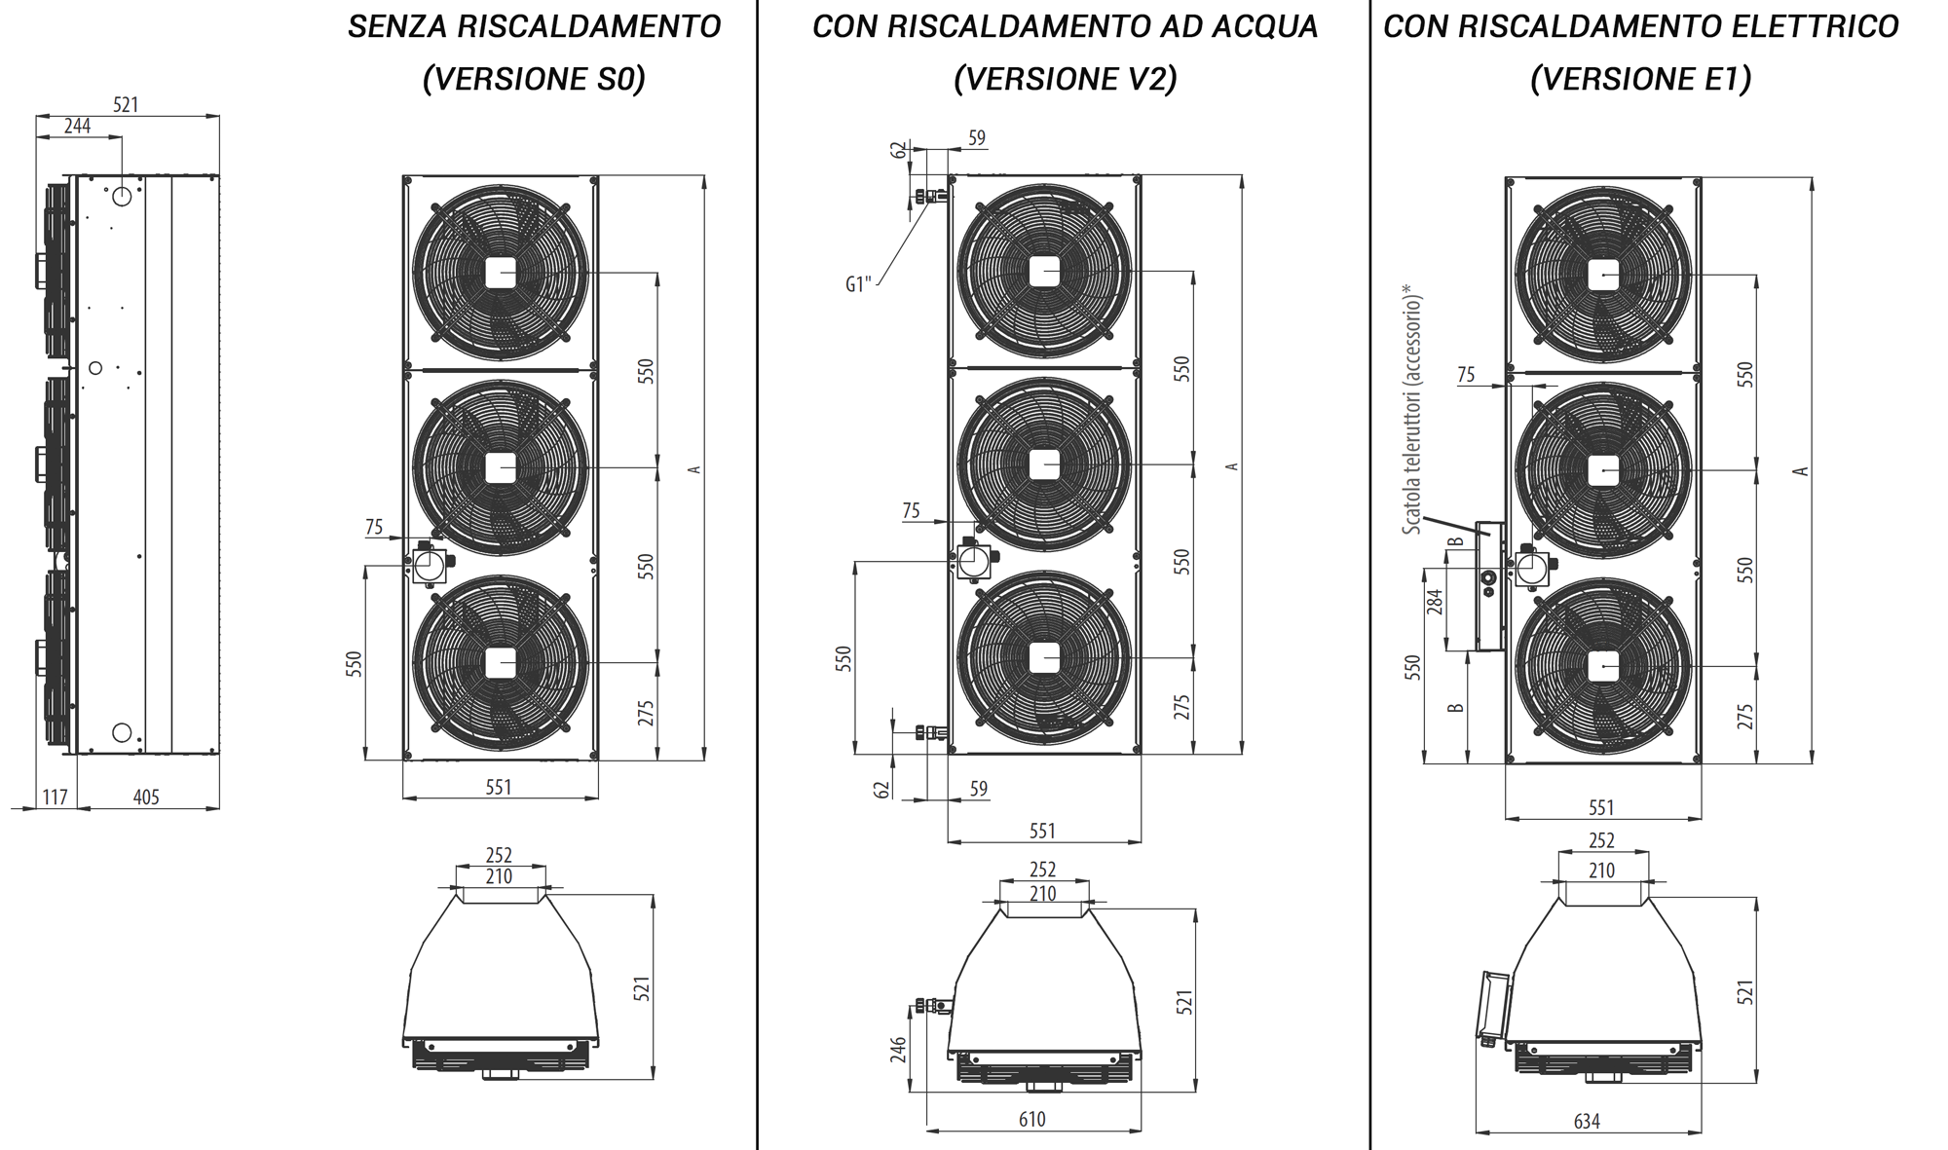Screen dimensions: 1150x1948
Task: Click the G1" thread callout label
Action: click(x=858, y=284)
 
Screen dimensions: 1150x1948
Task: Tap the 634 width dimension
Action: click(x=1587, y=1121)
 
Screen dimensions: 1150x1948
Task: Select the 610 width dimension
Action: click(x=1031, y=1119)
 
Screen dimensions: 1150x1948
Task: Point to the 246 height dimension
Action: click(x=898, y=1049)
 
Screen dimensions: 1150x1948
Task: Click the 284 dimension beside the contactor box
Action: click(x=1435, y=602)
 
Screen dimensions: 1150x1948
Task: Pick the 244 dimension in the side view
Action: click(x=77, y=126)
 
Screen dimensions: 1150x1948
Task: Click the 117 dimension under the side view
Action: click(x=55, y=798)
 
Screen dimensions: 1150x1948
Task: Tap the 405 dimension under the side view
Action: click(x=146, y=798)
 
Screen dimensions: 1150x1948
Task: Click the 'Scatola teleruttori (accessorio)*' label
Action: click(x=1412, y=409)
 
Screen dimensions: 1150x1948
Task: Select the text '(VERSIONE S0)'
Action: click(x=534, y=79)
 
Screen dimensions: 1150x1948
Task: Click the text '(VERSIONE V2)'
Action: click(x=1065, y=79)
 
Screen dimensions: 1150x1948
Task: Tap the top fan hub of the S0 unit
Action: click(x=501, y=273)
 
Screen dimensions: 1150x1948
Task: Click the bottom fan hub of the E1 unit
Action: click(x=1603, y=666)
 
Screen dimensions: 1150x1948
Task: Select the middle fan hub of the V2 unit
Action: click(x=1044, y=464)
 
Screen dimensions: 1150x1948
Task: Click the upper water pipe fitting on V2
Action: click(x=928, y=198)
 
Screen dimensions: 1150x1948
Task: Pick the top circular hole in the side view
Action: click(x=122, y=197)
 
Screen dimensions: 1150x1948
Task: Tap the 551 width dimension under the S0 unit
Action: click(x=499, y=787)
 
